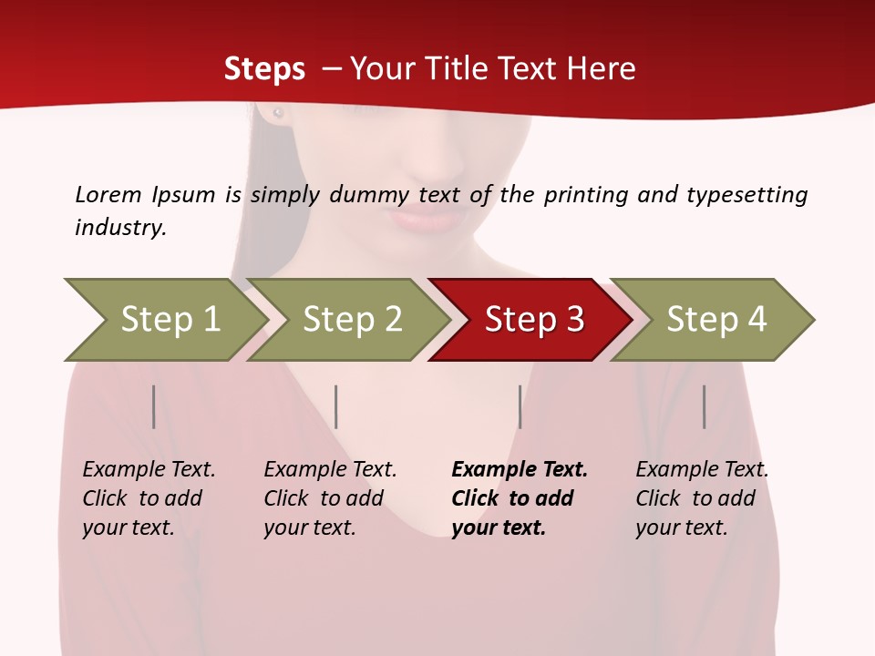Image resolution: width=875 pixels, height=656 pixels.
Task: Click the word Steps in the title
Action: (x=264, y=69)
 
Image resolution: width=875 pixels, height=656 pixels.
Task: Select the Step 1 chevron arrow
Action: (x=170, y=319)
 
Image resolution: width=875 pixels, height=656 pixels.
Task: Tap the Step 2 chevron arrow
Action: (x=352, y=319)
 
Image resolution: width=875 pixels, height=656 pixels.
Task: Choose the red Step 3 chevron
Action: (x=534, y=319)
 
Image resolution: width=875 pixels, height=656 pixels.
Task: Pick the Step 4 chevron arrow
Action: (x=716, y=319)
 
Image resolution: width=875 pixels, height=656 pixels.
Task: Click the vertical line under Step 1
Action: (x=154, y=406)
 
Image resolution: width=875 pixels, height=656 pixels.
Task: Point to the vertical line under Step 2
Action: (x=336, y=406)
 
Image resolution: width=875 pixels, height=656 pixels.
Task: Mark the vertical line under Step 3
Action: (x=520, y=406)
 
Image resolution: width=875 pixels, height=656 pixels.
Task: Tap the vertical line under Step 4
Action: (x=705, y=406)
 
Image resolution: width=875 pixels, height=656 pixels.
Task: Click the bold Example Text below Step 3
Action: (x=520, y=498)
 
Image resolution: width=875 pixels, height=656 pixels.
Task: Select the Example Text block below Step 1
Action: (x=149, y=498)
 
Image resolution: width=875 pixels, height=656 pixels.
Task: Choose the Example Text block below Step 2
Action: (x=330, y=498)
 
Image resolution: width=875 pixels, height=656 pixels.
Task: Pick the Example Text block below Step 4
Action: (x=702, y=498)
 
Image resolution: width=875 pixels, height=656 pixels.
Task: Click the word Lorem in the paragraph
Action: (x=108, y=194)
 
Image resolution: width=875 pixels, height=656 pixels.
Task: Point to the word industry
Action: (x=120, y=228)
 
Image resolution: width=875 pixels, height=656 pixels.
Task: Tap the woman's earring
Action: (x=278, y=113)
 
